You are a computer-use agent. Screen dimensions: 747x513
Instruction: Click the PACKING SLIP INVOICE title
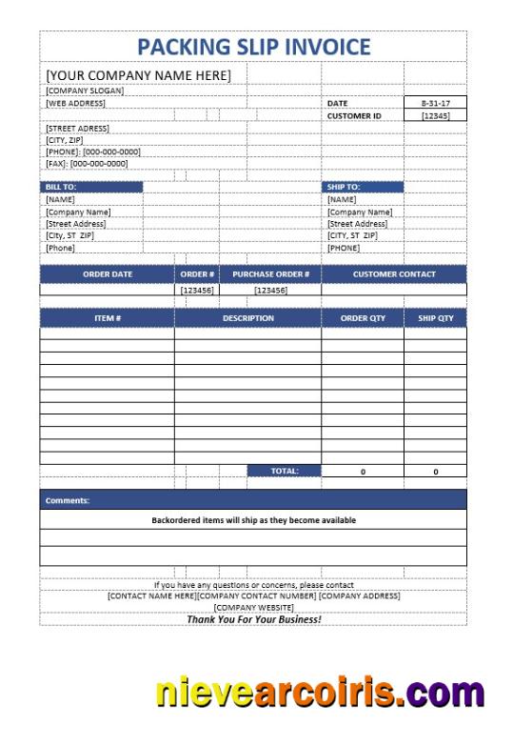[253, 47]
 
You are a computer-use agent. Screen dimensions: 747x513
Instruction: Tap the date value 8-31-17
[436, 103]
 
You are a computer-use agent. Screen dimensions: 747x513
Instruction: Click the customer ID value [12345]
[436, 115]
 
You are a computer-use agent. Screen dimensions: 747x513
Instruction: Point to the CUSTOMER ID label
[353, 115]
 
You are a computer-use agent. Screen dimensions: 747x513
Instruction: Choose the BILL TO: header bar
[91, 187]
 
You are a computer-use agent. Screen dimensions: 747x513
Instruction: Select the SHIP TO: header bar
[363, 187]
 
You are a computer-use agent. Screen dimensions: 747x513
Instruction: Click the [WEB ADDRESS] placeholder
[76, 103]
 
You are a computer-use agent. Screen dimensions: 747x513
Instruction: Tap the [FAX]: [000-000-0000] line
[87, 164]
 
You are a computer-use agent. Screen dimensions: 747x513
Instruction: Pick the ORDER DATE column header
[108, 274]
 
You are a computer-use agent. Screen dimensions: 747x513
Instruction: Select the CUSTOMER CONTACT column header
[394, 274]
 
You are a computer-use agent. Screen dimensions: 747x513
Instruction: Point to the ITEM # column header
[108, 318]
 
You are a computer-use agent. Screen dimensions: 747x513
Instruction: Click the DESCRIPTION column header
[247, 318]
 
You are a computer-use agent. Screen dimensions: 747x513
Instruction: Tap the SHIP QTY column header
[436, 318]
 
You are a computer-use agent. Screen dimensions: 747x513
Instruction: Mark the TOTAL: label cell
[284, 471]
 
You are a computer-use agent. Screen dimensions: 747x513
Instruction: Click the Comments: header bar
[253, 499]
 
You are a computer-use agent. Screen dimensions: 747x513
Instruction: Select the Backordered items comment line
[253, 520]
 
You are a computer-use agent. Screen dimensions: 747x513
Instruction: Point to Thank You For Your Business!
[253, 618]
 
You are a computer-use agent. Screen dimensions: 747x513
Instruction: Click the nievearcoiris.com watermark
[320, 691]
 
